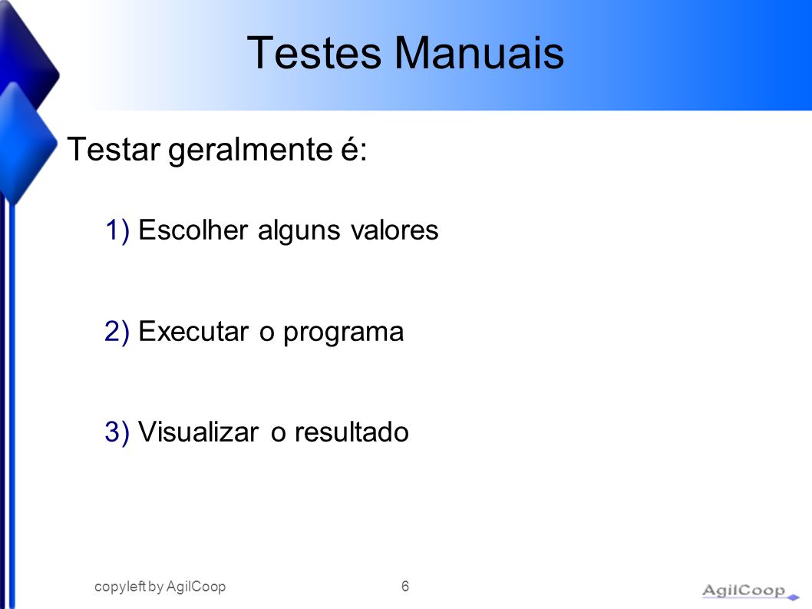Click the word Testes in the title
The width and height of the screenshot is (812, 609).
pyautogui.click(x=314, y=53)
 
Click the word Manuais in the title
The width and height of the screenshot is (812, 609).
pyautogui.click(x=479, y=53)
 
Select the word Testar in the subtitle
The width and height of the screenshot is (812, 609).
pyautogui.click(x=114, y=149)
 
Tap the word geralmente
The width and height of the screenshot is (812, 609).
pyautogui.click(x=250, y=151)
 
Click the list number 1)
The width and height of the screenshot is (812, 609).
pyautogui.click(x=117, y=230)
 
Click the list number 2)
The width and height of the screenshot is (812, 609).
pyautogui.click(x=117, y=332)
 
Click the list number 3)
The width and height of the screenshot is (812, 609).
pyautogui.click(x=117, y=432)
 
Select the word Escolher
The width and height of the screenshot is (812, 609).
pyautogui.click(x=193, y=230)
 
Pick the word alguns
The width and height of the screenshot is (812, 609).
pyautogui.click(x=299, y=231)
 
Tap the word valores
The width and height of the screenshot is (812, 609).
pyautogui.click(x=394, y=230)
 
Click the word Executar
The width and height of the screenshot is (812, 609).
pyautogui.click(x=193, y=331)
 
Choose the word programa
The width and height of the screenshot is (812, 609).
pyautogui.click(x=343, y=334)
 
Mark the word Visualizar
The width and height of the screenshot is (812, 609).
pyautogui.click(x=198, y=432)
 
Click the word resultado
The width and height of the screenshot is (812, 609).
pyautogui.click(x=352, y=432)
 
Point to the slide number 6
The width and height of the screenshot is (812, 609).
pyautogui.click(x=405, y=586)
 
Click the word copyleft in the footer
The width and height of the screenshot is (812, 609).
pyautogui.click(x=120, y=587)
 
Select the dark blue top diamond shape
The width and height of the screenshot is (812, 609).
pyautogui.click(x=28, y=57)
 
